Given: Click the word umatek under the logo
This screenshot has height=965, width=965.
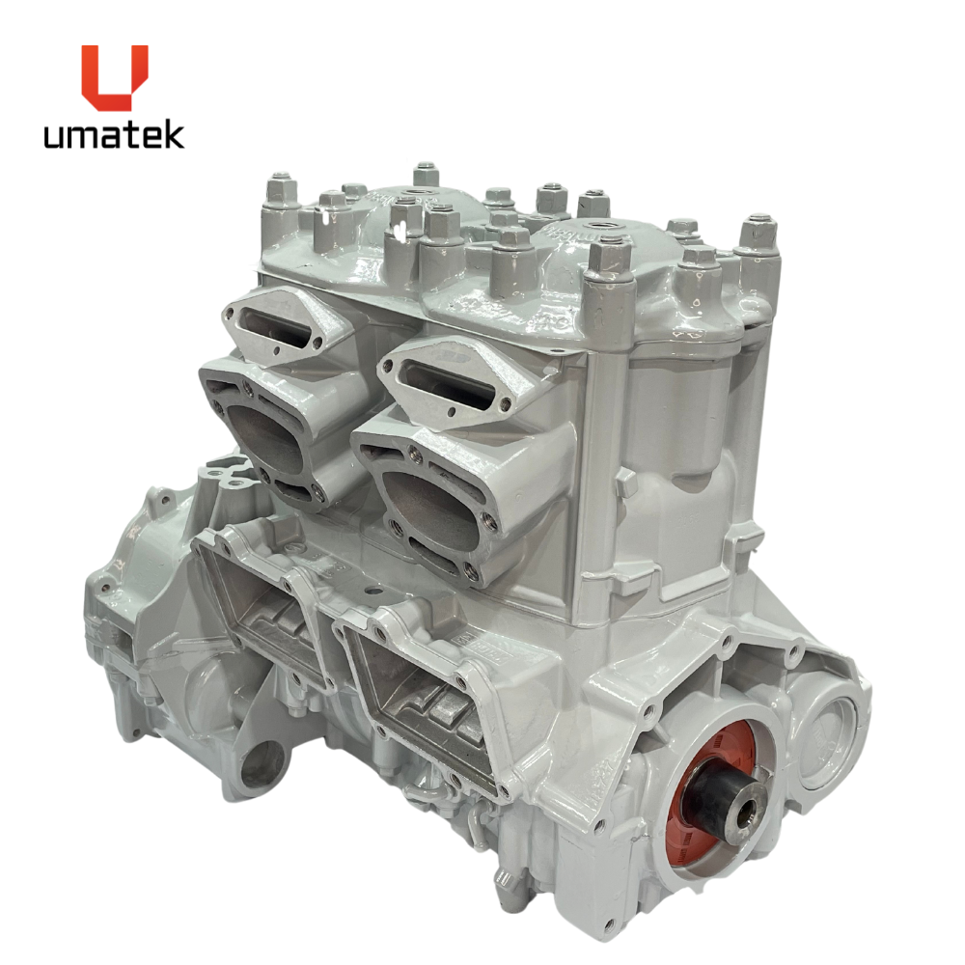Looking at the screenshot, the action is click(114, 135).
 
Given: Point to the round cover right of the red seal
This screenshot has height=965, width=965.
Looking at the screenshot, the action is click(828, 734).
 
